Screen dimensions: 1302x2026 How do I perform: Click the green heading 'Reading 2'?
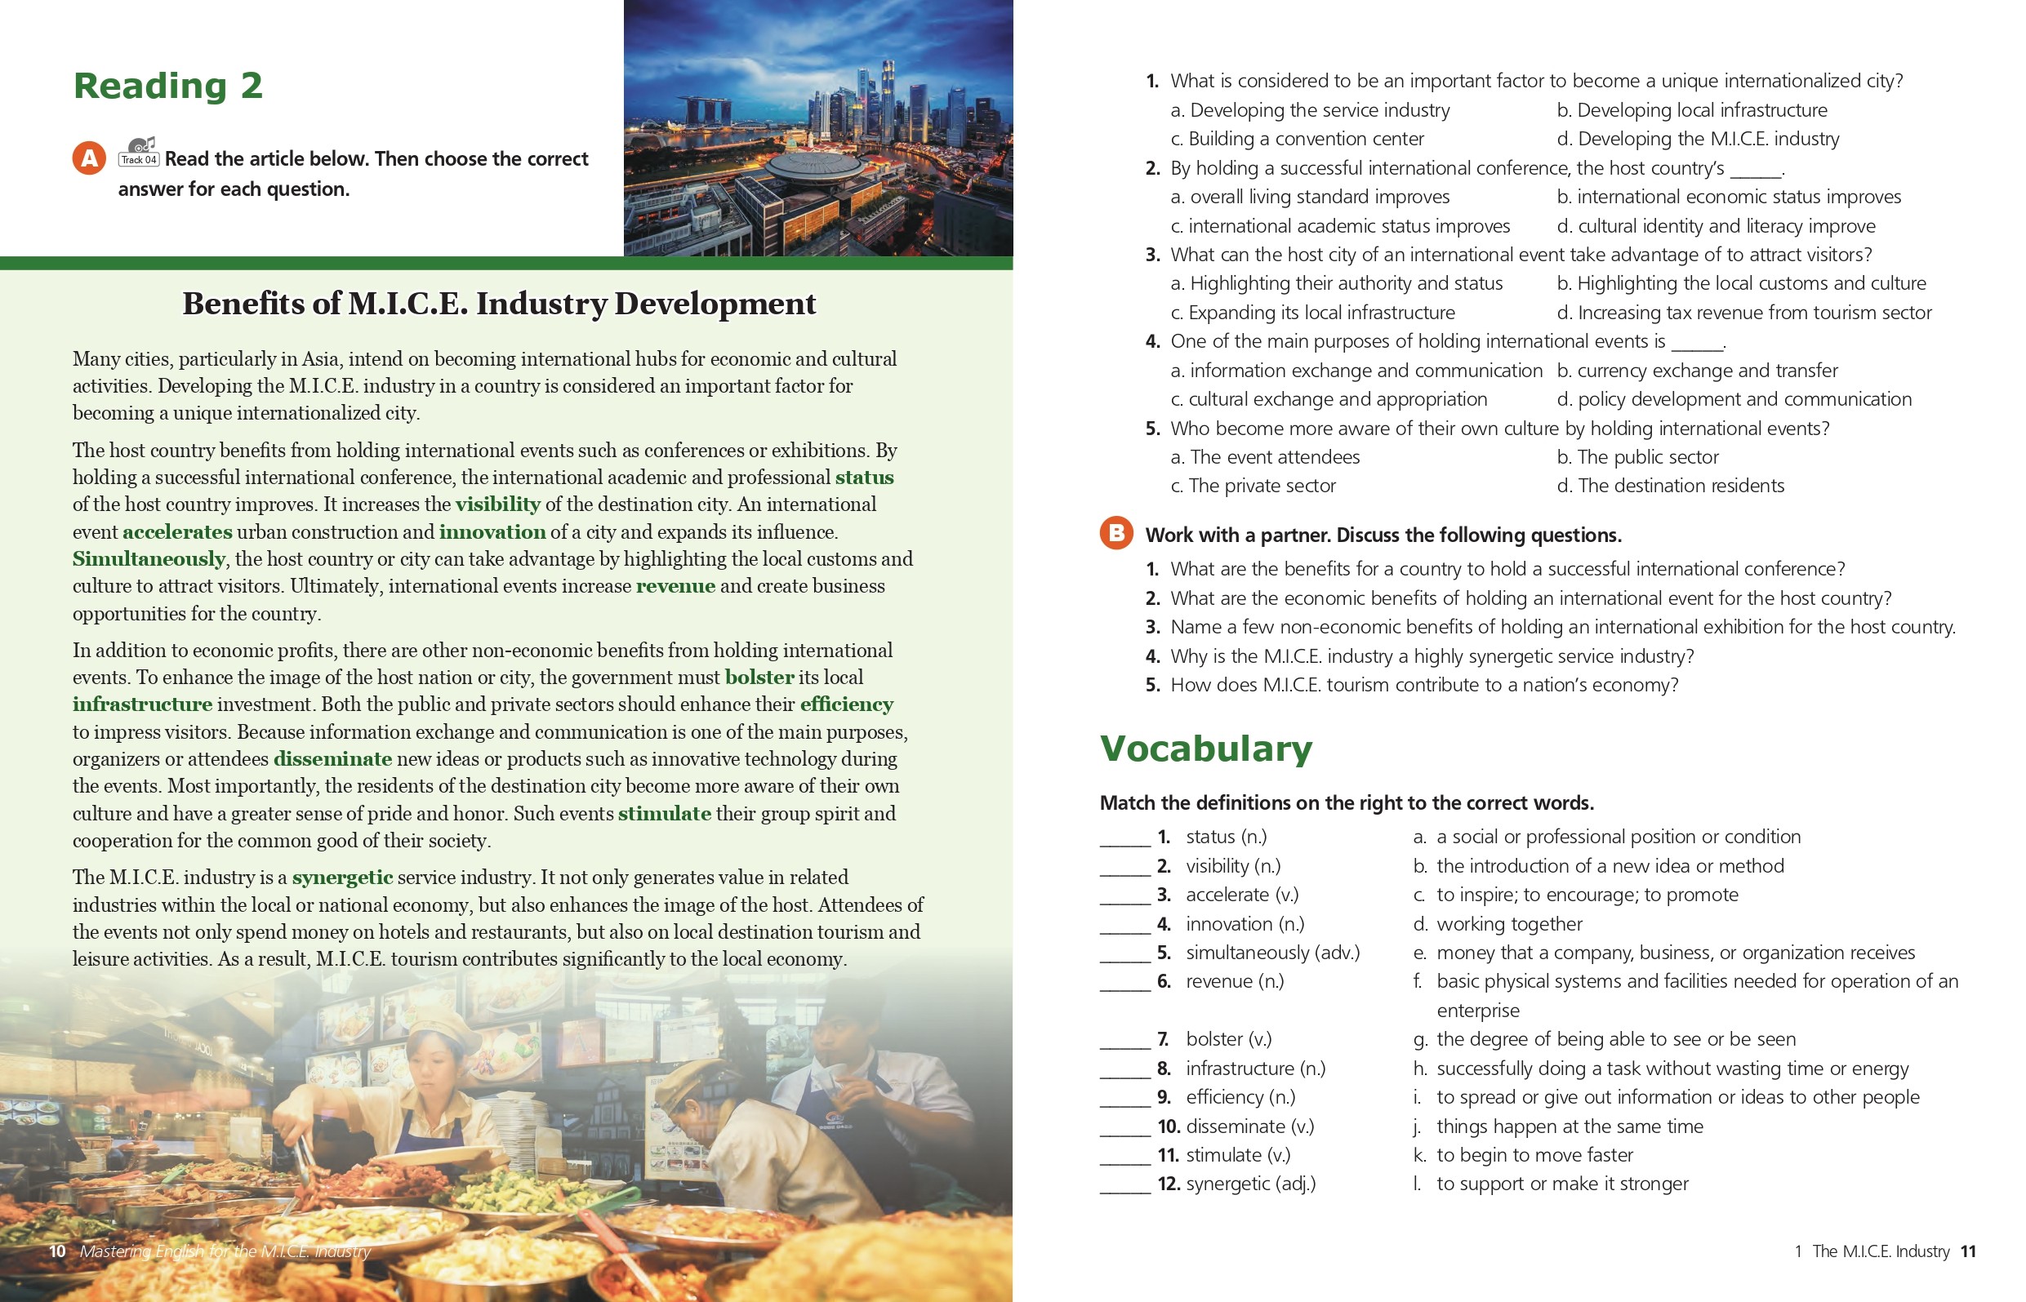(167, 87)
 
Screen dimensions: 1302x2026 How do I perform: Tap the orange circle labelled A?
(89, 158)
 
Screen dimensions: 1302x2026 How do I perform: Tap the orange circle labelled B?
(1116, 532)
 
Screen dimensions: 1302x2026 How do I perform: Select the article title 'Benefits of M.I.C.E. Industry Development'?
(499, 304)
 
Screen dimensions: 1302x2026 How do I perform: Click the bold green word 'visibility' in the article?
(497, 504)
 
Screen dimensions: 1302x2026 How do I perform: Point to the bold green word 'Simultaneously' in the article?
(149, 559)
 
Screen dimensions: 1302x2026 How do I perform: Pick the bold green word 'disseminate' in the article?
(332, 759)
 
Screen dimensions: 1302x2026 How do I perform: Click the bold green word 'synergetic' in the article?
(342, 878)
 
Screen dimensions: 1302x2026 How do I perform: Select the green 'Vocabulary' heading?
(1206, 749)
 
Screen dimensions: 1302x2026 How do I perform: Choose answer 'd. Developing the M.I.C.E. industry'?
(1698, 139)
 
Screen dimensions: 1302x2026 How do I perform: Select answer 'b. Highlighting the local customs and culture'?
(1741, 283)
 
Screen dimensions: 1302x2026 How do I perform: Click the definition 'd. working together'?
(1498, 924)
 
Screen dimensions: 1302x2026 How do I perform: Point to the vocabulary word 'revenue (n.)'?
(1235, 981)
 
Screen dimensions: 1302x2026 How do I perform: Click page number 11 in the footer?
(1968, 1251)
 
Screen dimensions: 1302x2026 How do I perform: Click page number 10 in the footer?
(57, 1251)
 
